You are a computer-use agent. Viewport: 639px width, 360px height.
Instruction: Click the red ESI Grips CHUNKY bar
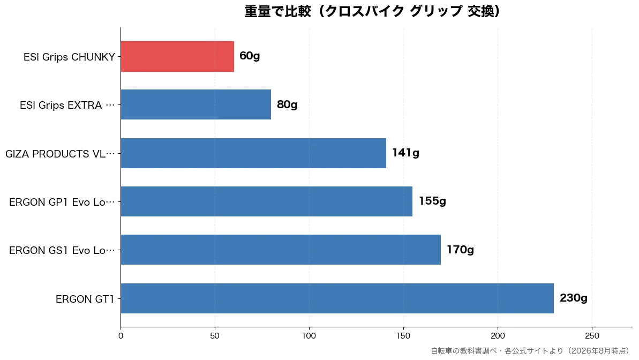tap(177, 56)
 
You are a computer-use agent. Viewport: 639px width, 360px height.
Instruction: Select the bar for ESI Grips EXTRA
tap(196, 104)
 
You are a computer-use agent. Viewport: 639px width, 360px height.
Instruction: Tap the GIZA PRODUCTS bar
tap(253, 153)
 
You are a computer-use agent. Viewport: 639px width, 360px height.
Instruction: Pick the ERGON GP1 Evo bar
tap(267, 201)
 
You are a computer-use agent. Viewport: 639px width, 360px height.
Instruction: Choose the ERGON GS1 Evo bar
tap(281, 250)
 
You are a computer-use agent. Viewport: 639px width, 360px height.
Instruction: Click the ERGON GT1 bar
tap(337, 298)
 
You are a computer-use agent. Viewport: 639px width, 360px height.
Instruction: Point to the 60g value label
tap(250, 56)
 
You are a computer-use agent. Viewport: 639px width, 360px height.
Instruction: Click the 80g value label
tap(287, 105)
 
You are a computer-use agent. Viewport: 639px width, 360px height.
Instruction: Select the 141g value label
tap(405, 153)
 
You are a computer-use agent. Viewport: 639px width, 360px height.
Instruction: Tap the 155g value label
tap(432, 201)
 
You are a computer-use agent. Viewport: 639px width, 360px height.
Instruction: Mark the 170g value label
tap(460, 250)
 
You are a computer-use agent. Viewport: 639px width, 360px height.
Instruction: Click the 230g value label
tap(574, 298)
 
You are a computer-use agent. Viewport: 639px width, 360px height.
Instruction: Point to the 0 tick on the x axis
tap(121, 336)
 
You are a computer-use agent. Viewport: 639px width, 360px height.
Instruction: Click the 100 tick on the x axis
tap(309, 336)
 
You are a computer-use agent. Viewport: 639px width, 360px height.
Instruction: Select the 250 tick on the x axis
tap(592, 336)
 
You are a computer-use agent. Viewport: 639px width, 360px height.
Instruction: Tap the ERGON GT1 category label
tap(85, 299)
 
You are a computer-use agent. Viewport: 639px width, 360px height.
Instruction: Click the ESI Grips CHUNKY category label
tap(69, 57)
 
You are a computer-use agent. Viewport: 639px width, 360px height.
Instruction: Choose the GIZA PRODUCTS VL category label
tap(61, 154)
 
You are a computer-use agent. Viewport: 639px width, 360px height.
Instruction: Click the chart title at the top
tap(372, 11)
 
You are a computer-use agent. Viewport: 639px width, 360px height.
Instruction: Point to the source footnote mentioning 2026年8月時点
tap(530, 350)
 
